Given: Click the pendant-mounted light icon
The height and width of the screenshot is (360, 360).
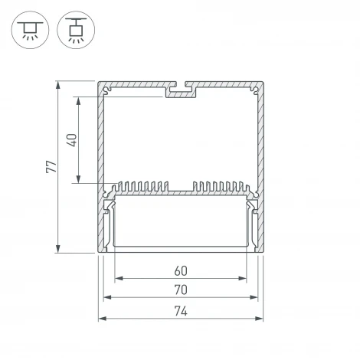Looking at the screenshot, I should click(x=74, y=30).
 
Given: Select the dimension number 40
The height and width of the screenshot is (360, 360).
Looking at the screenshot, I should click(x=72, y=140).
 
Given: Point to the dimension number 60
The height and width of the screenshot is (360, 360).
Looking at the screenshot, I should click(x=181, y=270).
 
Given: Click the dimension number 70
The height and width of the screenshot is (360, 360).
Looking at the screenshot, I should click(x=181, y=290).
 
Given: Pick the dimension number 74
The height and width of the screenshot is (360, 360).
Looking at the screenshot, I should click(x=181, y=311).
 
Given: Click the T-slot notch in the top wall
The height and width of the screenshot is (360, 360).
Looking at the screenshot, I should click(x=182, y=91).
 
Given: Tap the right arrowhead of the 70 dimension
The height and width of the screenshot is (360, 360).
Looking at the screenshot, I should click(x=254, y=297).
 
